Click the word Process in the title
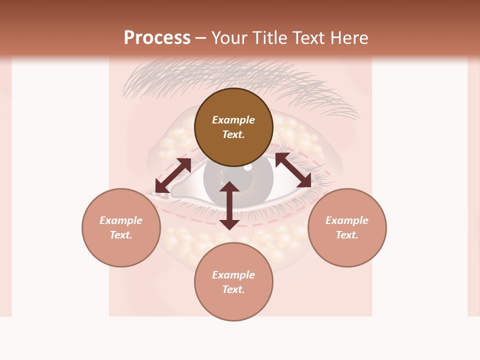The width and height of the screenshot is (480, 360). (157, 38)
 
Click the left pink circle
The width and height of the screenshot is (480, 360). (121, 227)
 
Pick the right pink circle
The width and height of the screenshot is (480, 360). (347, 227)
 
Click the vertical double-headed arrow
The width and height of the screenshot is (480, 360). (229, 205)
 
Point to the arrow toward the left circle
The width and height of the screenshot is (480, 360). (173, 175)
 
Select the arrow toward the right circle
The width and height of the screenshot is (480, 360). (293, 170)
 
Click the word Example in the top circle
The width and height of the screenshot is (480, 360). (233, 120)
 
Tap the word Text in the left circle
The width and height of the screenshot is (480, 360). (121, 235)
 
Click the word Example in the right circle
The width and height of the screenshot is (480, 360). (347, 220)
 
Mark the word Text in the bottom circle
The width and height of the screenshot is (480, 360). (233, 289)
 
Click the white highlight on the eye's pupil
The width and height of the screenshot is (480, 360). (248, 167)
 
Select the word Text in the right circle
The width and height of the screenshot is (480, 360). (347, 235)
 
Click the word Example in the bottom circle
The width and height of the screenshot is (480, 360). (233, 275)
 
